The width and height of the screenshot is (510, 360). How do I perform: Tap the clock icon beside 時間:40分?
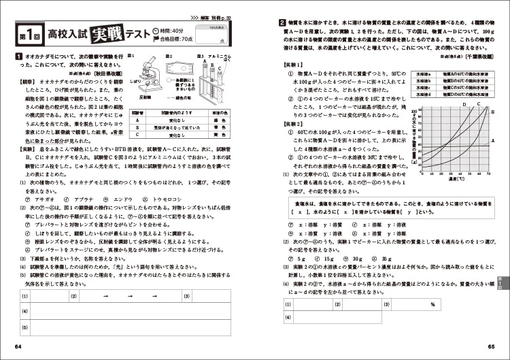click(158, 30)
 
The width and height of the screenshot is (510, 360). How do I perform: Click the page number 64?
click(18, 348)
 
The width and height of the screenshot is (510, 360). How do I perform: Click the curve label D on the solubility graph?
click(464, 104)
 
